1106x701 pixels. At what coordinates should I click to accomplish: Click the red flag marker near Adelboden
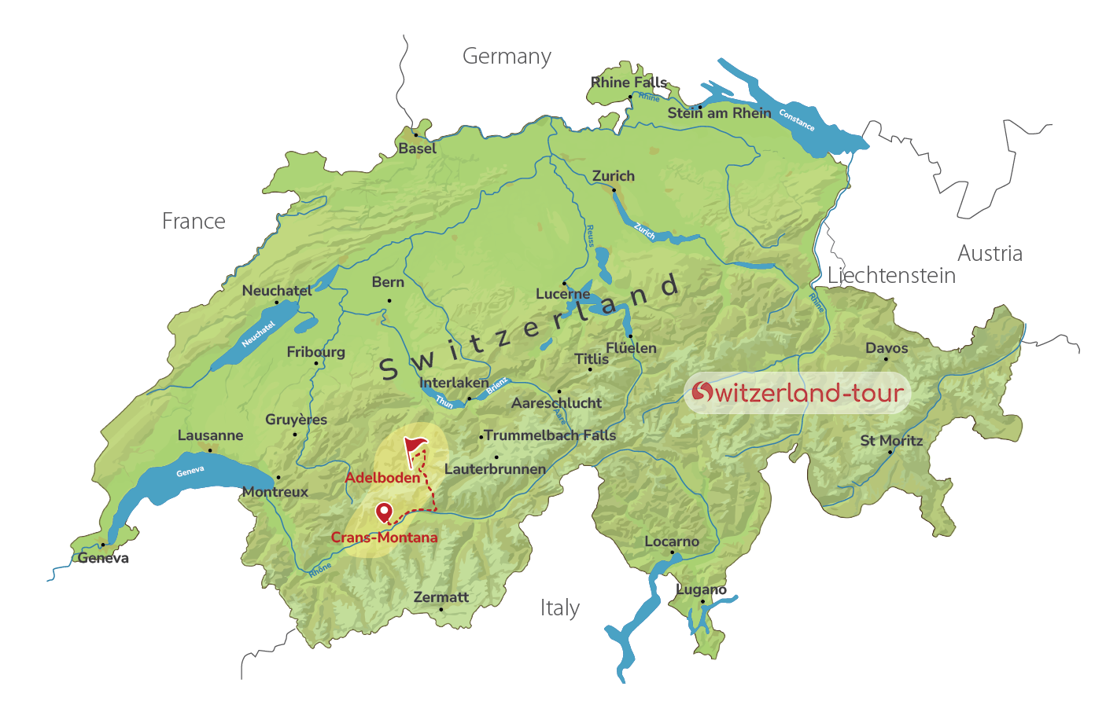click(x=415, y=447)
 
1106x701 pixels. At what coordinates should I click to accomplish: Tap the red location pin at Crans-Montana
click(x=384, y=512)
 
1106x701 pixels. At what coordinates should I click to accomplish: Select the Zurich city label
click(x=614, y=176)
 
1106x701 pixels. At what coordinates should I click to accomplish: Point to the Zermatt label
click(x=441, y=597)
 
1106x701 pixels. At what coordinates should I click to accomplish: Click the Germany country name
click(x=507, y=57)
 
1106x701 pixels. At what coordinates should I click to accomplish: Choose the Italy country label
click(x=560, y=608)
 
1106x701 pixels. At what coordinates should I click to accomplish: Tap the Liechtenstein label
click(x=891, y=276)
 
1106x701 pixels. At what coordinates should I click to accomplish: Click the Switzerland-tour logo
click(x=798, y=393)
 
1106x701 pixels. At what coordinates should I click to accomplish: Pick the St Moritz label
click(x=891, y=441)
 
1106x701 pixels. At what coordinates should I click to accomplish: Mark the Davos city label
click(x=887, y=348)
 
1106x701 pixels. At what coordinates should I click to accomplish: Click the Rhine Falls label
click(x=629, y=83)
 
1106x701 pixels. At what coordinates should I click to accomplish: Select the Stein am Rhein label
click(x=719, y=113)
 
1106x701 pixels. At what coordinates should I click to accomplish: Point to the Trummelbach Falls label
click(x=550, y=435)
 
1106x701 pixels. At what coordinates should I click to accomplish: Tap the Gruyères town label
click(x=296, y=420)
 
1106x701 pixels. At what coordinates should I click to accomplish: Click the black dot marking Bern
click(x=389, y=300)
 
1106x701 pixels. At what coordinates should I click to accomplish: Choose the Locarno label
click(x=672, y=541)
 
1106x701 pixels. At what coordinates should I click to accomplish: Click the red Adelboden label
click(x=382, y=478)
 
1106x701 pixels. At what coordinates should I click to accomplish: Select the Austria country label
click(x=990, y=254)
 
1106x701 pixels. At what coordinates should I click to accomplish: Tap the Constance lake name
click(x=797, y=119)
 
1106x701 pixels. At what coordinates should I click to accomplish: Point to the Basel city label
click(x=417, y=149)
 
